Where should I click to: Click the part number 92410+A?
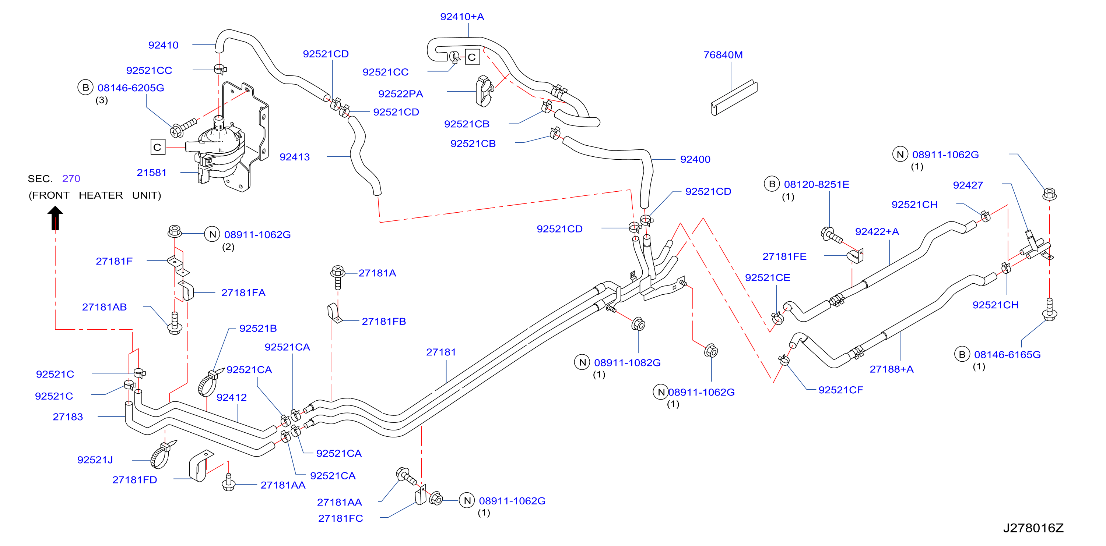pos(462,17)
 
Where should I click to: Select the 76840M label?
pos(723,55)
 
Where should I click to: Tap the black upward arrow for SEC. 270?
pos(55,218)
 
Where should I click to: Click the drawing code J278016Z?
pos(1033,528)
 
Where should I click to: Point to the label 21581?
pos(152,173)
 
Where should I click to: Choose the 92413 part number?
pos(295,157)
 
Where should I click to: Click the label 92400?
pos(695,160)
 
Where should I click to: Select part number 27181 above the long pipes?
pos(441,352)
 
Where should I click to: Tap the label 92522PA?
pos(401,94)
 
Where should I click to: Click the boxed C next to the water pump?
pos(158,147)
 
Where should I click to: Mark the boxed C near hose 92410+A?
pos(472,57)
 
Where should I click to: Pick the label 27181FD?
pos(135,480)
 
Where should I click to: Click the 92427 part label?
pos(968,185)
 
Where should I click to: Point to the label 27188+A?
pos(891,369)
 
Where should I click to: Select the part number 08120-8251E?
pos(817,184)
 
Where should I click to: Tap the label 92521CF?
pos(841,390)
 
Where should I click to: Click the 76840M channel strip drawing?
pos(734,98)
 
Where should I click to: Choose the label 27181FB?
pos(384,321)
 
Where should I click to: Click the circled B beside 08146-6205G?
pos(85,88)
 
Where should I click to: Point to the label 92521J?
pos(95,460)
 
